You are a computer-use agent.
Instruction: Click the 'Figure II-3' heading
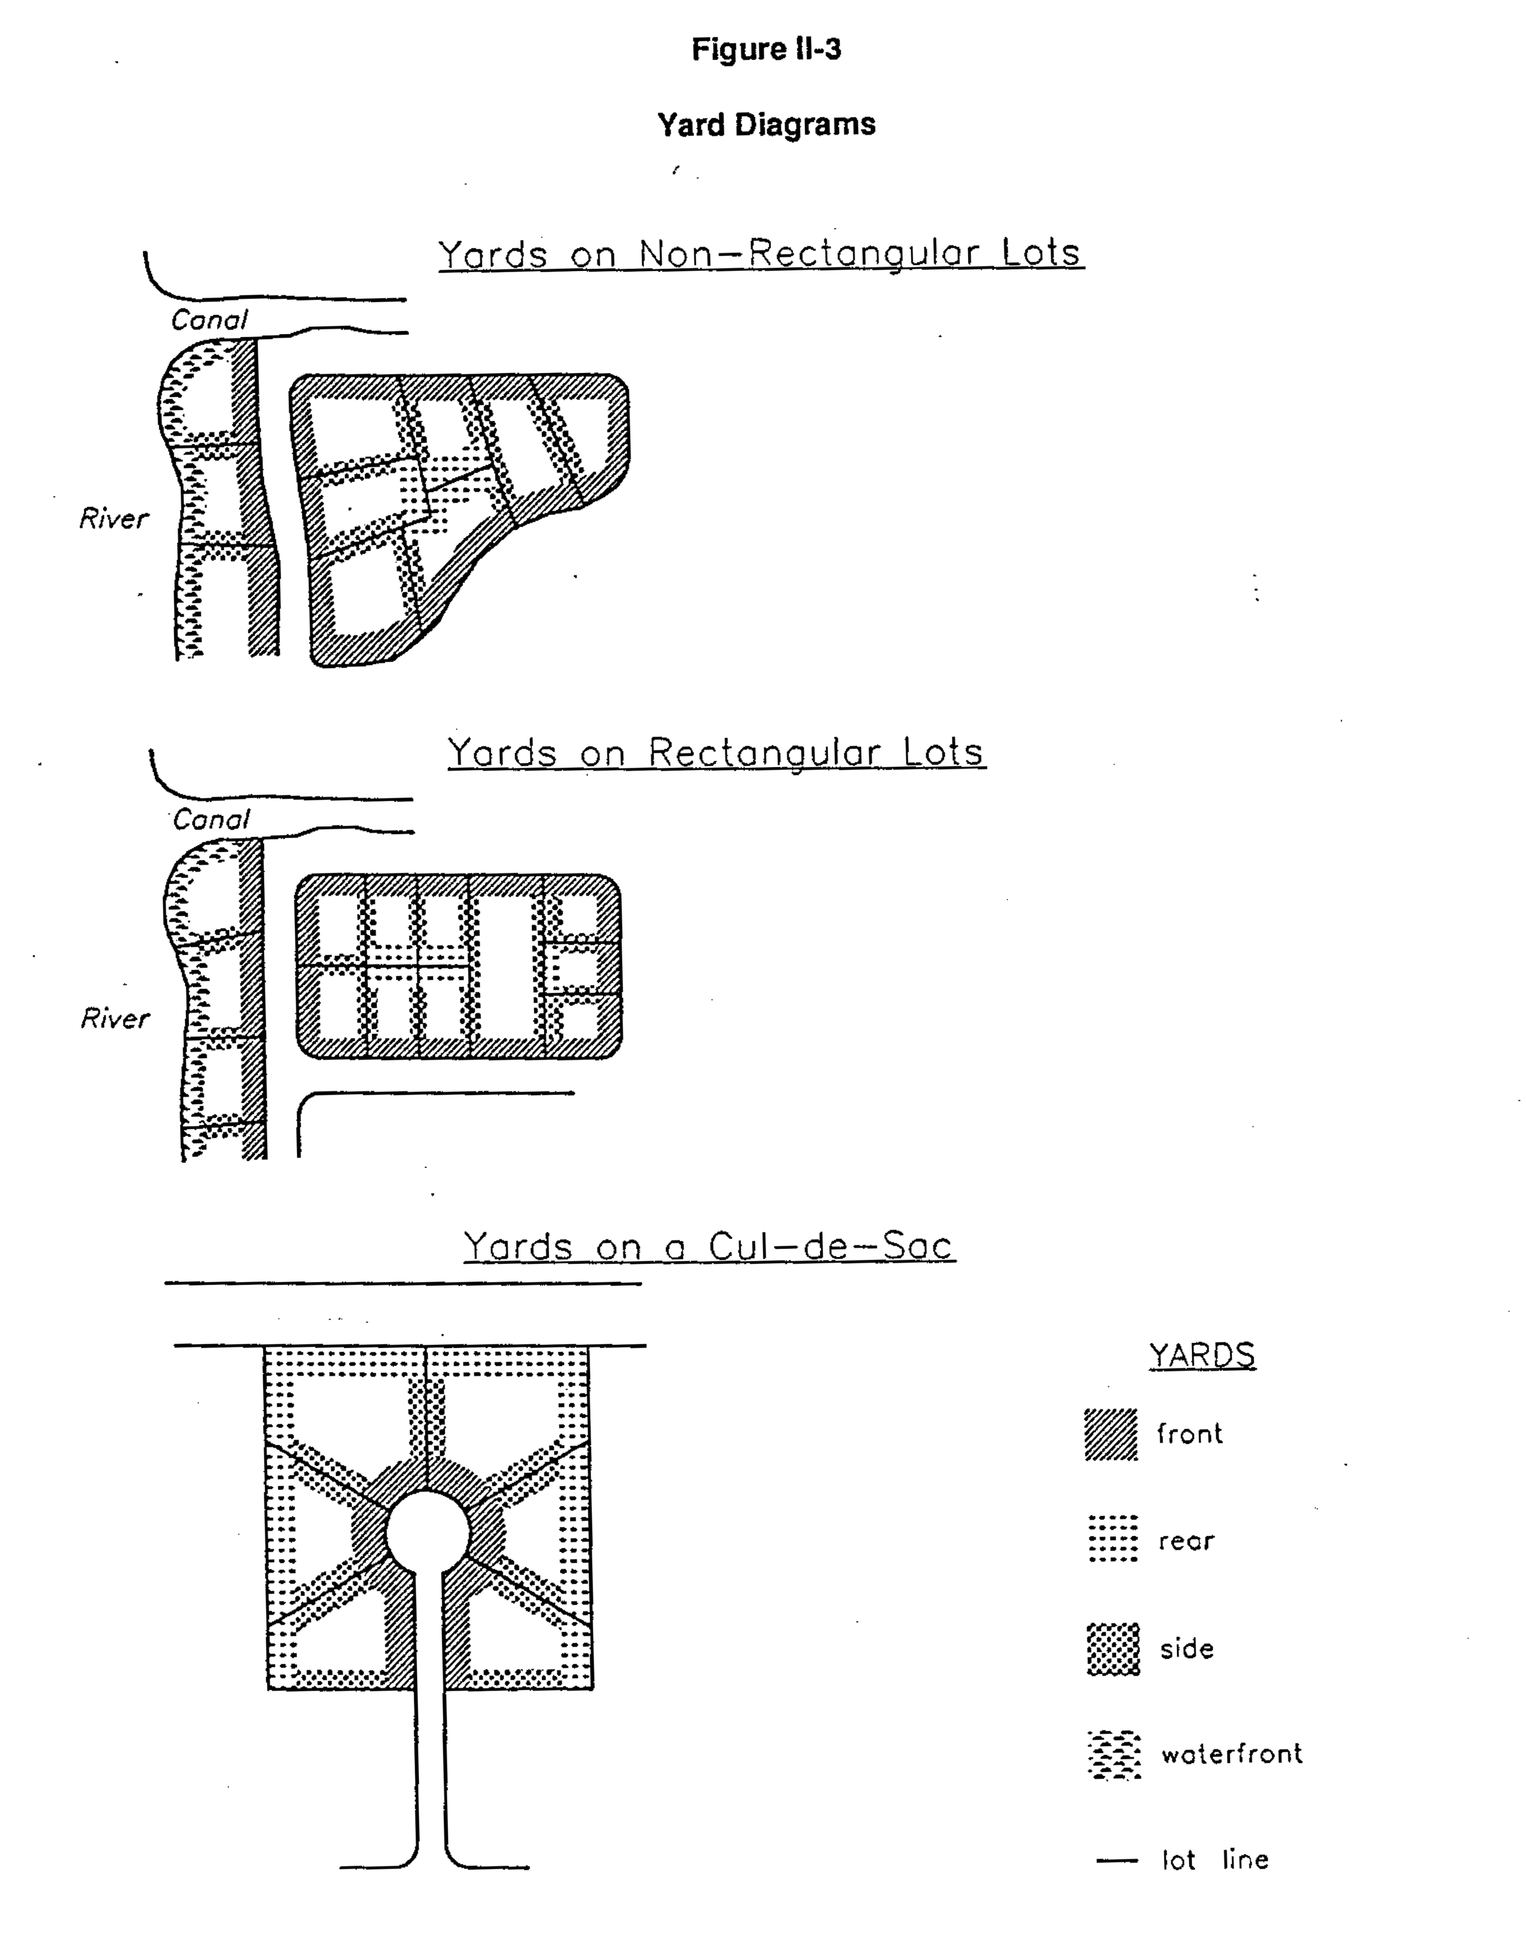pyautogui.click(x=766, y=49)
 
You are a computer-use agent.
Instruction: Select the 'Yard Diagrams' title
pyautogui.click(x=766, y=124)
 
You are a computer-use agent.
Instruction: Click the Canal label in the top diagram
pyautogui.click(x=209, y=320)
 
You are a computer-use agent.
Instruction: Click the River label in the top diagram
pyautogui.click(x=113, y=518)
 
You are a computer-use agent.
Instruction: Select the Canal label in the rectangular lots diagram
pyautogui.click(x=211, y=819)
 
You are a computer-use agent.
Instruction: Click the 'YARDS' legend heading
pyautogui.click(x=1202, y=1355)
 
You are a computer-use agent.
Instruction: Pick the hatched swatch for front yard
pyautogui.click(x=1111, y=1434)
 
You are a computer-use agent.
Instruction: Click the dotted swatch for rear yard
pyautogui.click(x=1112, y=1538)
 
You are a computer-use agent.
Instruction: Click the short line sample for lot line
pyautogui.click(x=1117, y=1860)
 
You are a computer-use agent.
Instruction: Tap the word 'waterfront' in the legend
pyautogui.click(x=1231, y=1754)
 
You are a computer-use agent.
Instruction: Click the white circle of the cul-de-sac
pyautogui.click(x=427, y=1532)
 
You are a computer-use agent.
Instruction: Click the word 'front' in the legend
pyautogui.click(x=1189, y=1434)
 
